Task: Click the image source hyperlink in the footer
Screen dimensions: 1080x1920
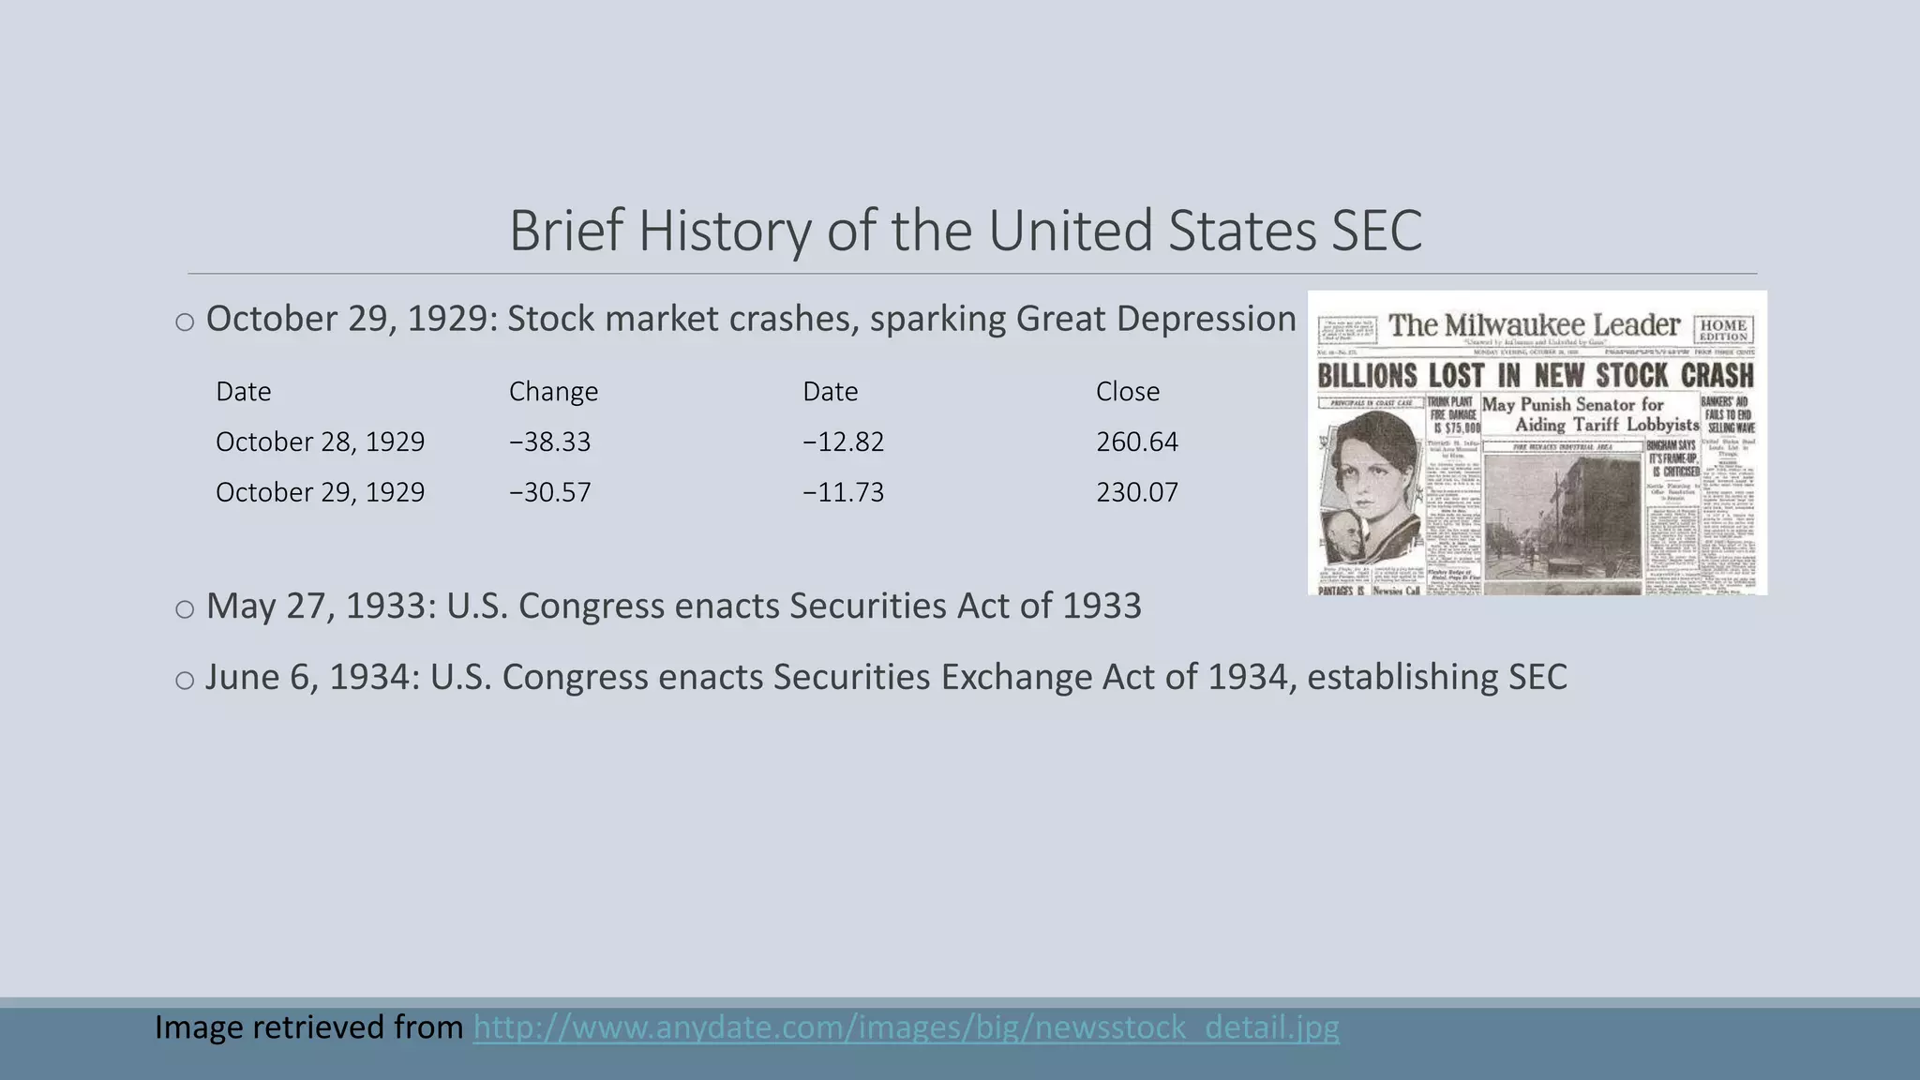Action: pyautogui.click(x=906, y=1027)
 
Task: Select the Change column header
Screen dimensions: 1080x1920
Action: pyautogui.click(x=553, y=391)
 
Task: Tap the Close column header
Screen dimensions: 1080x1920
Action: pyautogui.click(x=1127, y=391)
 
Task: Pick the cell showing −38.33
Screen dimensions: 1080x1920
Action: pyautogui.click(x=549, y=442)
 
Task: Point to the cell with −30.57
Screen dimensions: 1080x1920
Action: pyautogui.click(x=549, y=492)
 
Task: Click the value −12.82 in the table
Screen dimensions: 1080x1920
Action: pyautogui.click(x=843, y=442)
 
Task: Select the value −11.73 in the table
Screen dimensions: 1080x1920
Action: pyautogui.click(x=843, y=492)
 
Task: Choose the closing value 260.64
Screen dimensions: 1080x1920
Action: pyautogui.click(x=1136, y=442)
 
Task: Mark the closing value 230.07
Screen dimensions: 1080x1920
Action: pyautogui.click(x=1136, y=492)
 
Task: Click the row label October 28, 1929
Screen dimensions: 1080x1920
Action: pyautogui.click(x=320, y=442)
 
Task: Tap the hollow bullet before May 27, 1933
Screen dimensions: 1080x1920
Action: pyautogui.click(x=185, y=609)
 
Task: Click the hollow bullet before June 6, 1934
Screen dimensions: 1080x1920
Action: pyautogui.click(x=185, y=681)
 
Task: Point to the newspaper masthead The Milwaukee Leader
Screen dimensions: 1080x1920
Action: pyautogui.click(x=1534, y=325)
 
